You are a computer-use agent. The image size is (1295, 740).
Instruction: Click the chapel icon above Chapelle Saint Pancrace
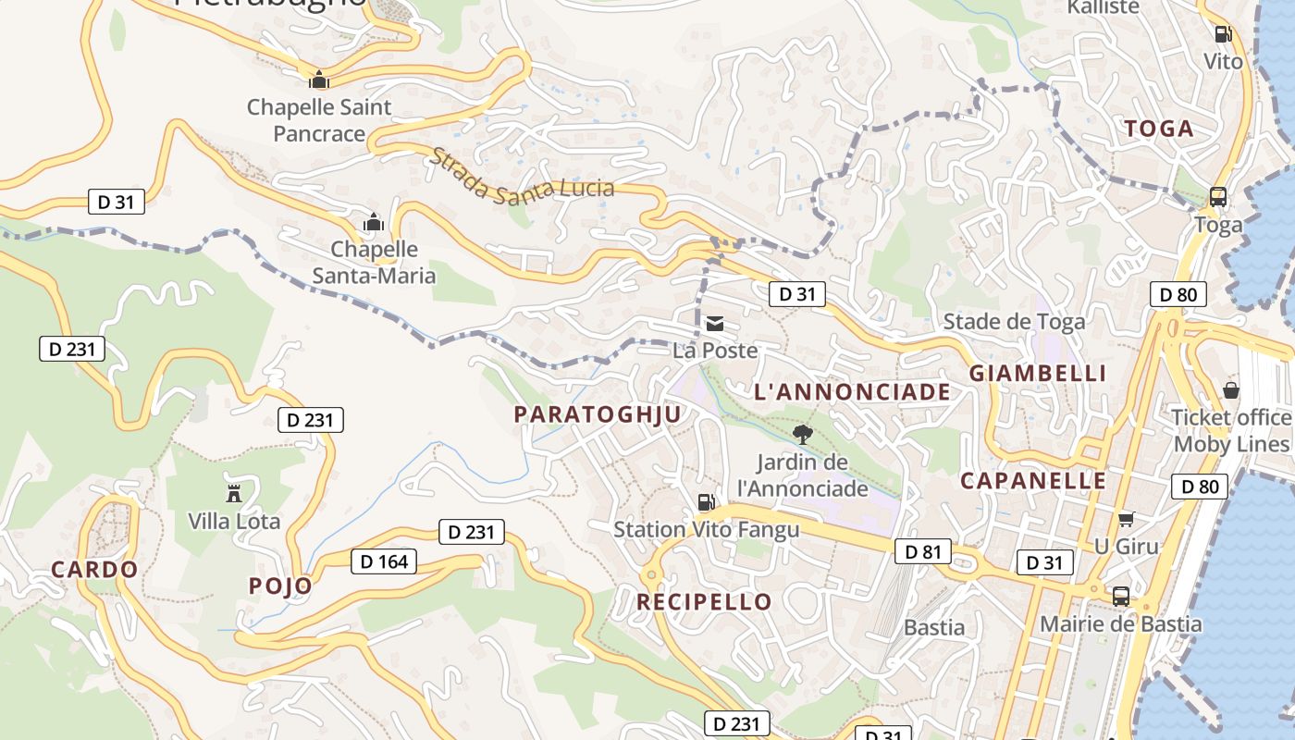tap(319, 80)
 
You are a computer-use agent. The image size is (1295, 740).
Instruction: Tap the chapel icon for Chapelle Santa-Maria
tap(374, 222)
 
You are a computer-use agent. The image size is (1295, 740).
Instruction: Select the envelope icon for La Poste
tap(715, 324)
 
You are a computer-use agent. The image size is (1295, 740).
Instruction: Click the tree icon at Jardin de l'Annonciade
tap(803, 434)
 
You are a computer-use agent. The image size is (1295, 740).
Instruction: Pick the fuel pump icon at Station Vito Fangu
tap(706, 502)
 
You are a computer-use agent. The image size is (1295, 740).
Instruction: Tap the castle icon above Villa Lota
tap(234, 492)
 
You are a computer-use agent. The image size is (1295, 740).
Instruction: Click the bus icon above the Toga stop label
tap(1218, 197)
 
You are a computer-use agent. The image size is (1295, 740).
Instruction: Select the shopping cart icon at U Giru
tap(1126, 519)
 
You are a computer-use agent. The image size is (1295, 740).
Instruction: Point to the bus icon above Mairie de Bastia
tap(1121, 597)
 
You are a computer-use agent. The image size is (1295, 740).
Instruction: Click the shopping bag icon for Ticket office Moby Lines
tap(1230, 389)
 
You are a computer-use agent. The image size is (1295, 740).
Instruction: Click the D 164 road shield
tap(384, 561)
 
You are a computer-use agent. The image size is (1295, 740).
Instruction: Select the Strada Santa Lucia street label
tap(521, 176)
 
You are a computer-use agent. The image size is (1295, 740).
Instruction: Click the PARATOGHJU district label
tap(598, 414)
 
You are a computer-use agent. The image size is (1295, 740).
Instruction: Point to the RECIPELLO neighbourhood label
tap(704, 602)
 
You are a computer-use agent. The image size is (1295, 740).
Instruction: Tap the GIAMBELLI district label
tap(1037, 374)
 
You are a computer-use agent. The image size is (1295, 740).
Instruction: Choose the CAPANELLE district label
tap(1032, 481)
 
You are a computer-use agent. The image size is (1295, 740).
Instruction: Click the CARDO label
tap(94, 570)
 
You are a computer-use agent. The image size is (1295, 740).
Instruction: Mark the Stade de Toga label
tap(1014, 322)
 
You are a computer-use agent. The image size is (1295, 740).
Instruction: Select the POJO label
tap(280, 586)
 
